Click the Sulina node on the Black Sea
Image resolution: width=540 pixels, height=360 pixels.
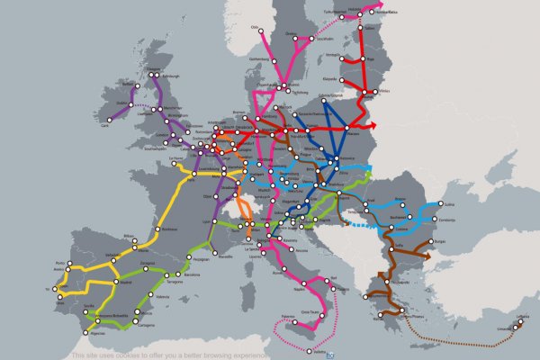tap(438, 206)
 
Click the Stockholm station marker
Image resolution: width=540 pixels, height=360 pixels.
tap(317, 38)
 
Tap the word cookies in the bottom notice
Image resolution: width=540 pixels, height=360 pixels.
tap(126, 355)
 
